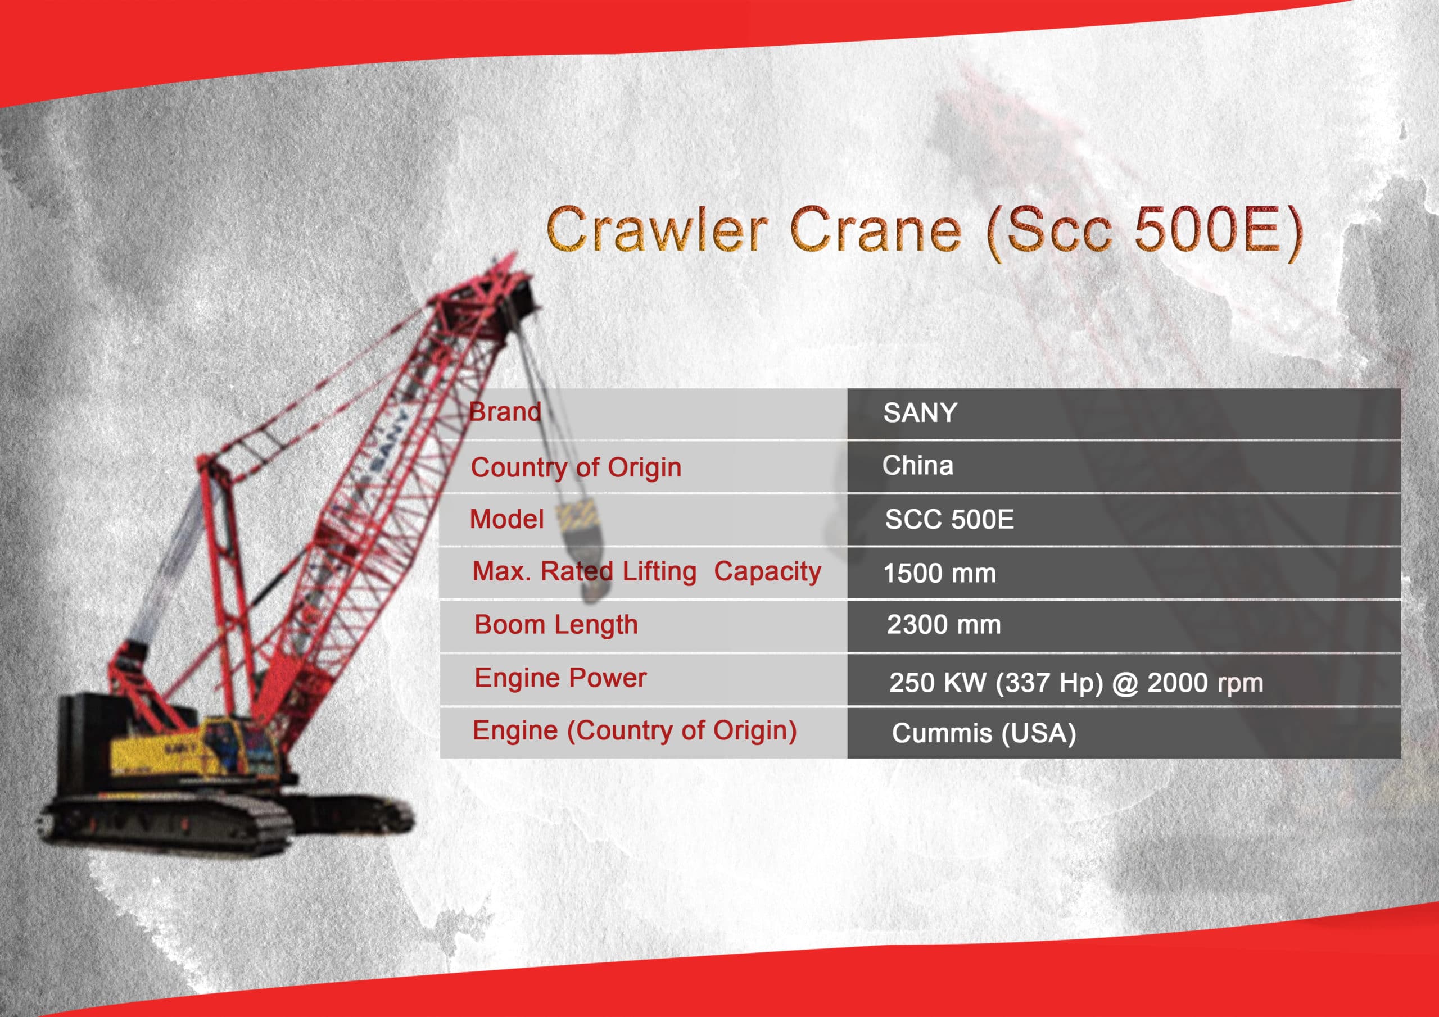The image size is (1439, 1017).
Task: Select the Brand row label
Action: pyautogui.click(x=505, y=412)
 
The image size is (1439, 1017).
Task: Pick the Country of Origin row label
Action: pyautogui.click(x=576, y=467)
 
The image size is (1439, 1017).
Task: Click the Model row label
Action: pyautogui.click(x=507, y=520)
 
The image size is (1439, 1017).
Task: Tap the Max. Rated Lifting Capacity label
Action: pyautogui.click(x=647, y=571)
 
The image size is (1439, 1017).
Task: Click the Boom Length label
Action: pyautogui.click(x=556, y=625)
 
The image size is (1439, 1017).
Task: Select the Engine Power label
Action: pyautogui.click(x=560, y=679)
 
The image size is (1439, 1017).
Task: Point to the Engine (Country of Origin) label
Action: pyautogui.click(x=634, y=731)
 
